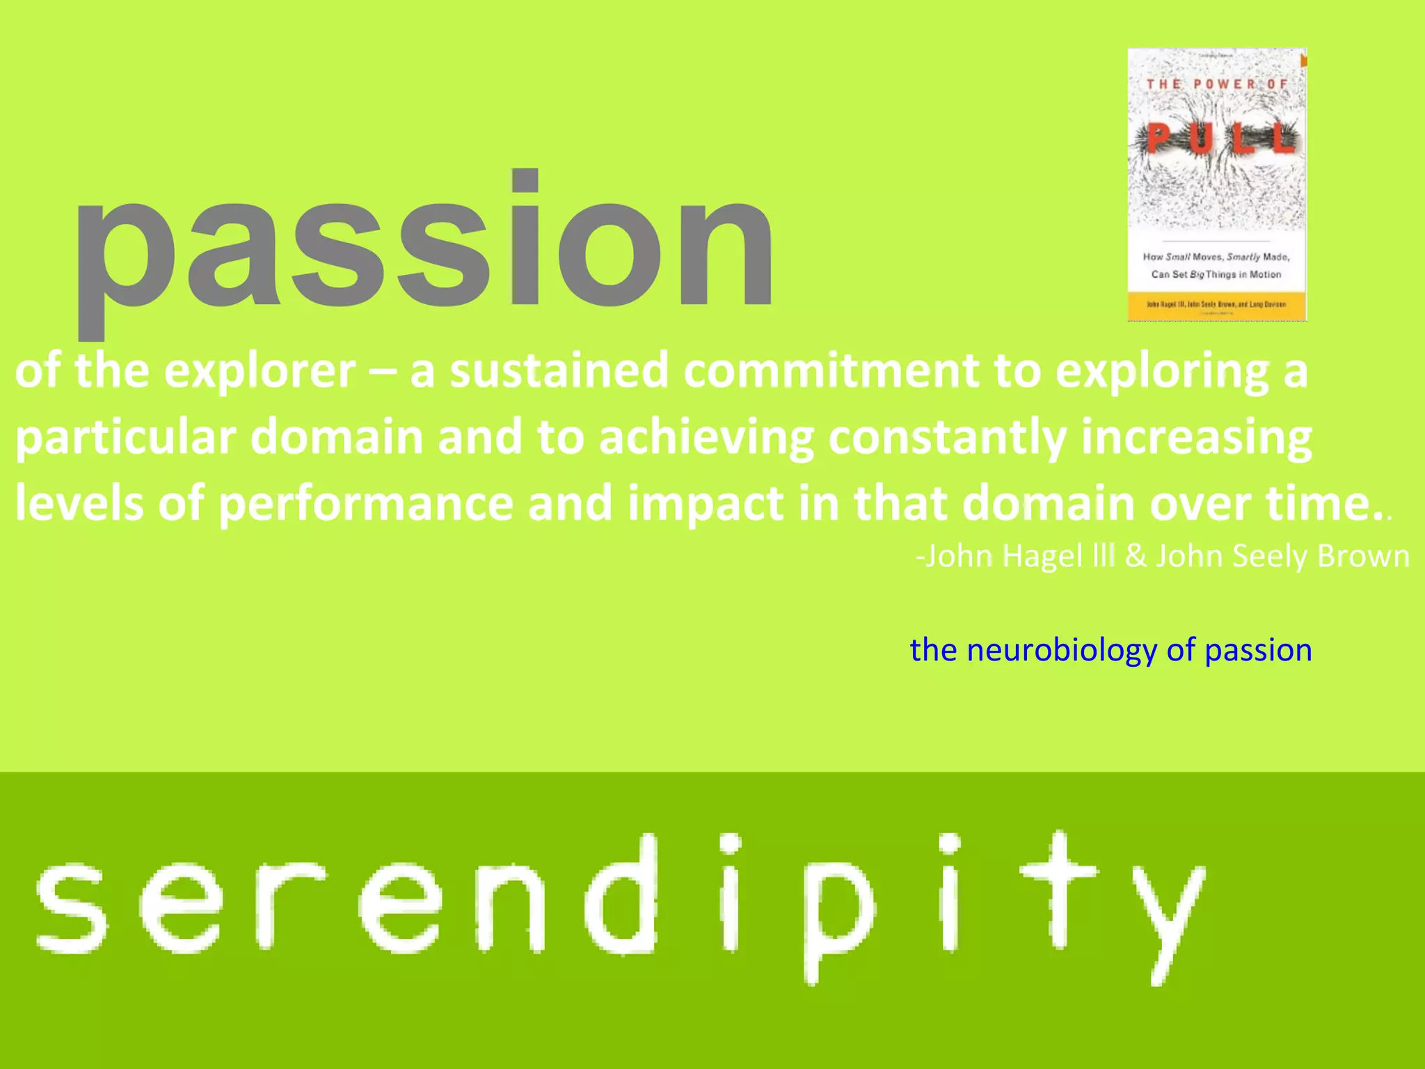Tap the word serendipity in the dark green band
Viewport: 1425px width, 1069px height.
619,905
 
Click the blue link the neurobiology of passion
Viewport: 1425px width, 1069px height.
1110,650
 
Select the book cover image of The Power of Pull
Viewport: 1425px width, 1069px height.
1216,184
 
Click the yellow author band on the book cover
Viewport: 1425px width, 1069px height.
1216,304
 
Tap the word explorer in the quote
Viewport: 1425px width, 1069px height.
260,371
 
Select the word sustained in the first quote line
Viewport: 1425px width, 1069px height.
559,371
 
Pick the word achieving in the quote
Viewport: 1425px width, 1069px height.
706,438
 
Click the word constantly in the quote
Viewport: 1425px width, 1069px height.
946,438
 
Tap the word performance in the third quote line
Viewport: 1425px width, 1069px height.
365,504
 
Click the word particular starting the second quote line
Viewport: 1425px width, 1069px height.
125,438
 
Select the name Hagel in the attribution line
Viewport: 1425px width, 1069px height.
1042,556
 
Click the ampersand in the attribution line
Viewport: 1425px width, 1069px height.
1136,556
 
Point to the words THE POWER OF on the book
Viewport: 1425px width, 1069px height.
1217,84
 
